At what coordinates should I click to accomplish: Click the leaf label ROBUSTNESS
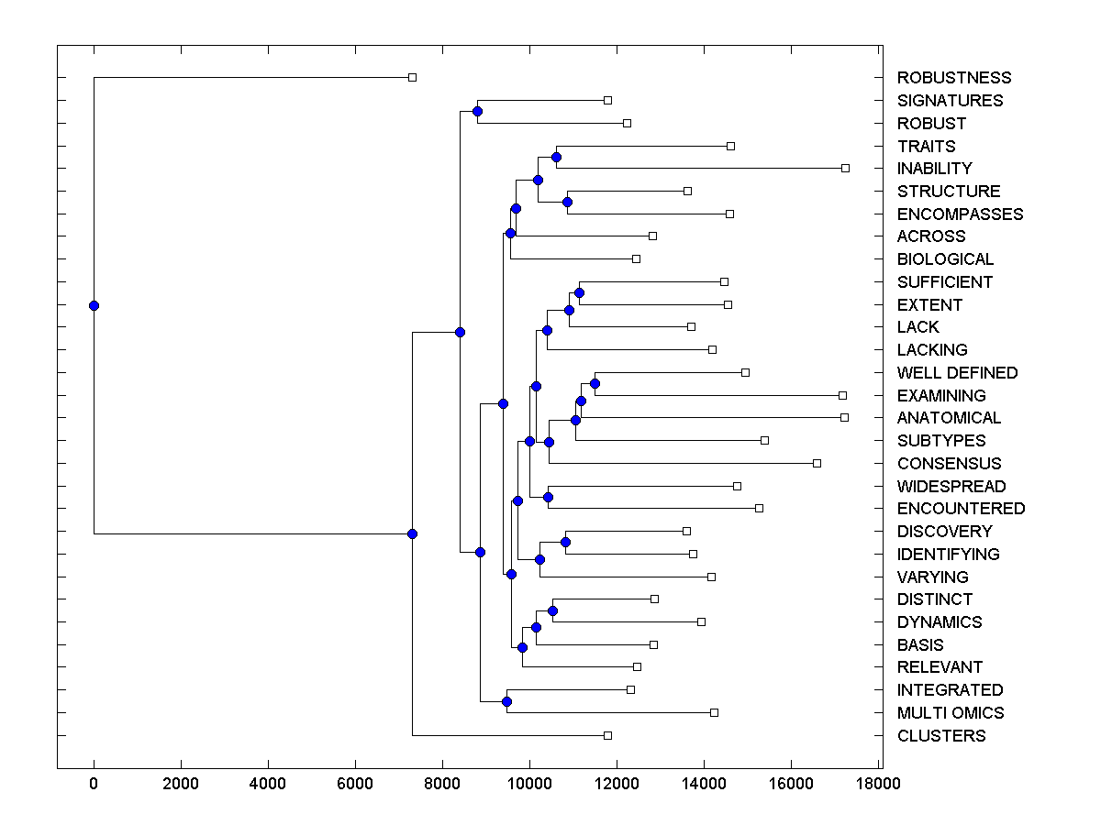point(954,78)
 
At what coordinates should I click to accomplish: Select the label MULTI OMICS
point(951,713)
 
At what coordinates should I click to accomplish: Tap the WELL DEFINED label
point(957,373)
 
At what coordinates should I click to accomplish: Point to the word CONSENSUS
point(949,464)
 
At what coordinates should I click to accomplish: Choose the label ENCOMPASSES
point(960,214)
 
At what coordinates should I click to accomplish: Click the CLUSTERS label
point(941,736)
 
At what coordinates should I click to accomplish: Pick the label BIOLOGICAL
point(945,259)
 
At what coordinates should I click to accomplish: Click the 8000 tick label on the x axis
point(442,784)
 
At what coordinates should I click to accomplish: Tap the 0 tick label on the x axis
point(94,784)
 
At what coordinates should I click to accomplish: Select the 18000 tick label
point(878,784)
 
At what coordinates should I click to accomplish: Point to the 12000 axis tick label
point(617,784)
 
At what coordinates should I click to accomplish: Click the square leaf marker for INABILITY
point(846,168)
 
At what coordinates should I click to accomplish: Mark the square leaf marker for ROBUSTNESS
point(412,77)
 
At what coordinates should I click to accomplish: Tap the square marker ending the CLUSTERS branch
point(607,735)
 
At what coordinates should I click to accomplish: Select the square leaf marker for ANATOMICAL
point(844,417)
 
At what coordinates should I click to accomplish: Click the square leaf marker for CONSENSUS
point(817,463)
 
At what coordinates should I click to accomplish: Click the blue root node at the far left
point(94,305)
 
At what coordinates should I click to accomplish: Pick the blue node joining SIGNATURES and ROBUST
point(477,111)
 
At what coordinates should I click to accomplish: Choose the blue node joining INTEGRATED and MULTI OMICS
point(506,701)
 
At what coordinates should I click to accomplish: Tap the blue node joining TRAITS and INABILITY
point(556,157)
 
